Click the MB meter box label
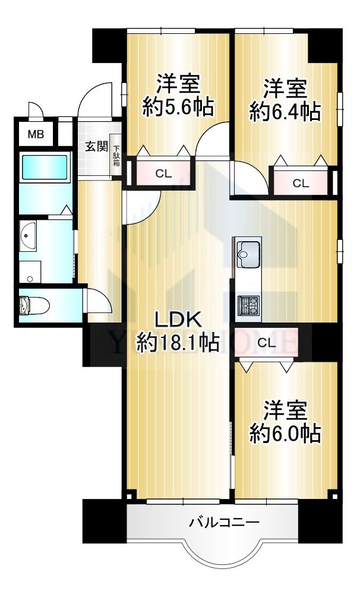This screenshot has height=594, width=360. click(36, 134)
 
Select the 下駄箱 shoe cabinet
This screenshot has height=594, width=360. click(116, 155)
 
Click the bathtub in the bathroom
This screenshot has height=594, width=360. click(45, 167)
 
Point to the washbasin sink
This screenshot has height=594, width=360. click(28, 236)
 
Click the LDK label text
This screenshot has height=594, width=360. click(178, 320)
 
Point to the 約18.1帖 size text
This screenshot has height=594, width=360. click(178, 342)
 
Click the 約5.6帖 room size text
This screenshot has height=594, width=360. click(178, 107)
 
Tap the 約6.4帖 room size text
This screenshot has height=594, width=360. click(285, 111)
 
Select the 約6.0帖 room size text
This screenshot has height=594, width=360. click(285, 433)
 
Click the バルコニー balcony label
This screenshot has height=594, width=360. click(225, 522)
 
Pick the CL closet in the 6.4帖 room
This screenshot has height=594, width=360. click(301, 183)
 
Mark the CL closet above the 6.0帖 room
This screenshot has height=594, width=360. click(266, 343)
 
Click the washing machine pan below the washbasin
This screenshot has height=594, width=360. click(30, 271)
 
